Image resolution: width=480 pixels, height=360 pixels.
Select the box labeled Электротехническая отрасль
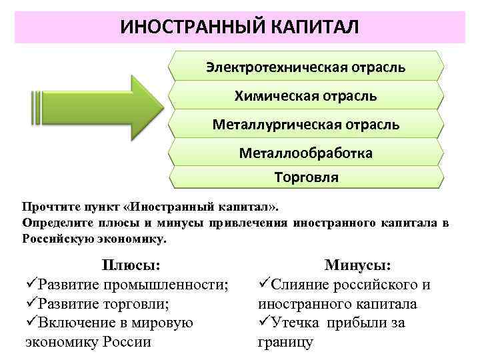click(305, 67)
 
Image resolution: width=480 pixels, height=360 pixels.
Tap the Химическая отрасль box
click(305, 96)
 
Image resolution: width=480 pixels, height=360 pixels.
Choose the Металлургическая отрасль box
click(305, 125)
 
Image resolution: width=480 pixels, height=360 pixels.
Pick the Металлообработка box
click(305, 153)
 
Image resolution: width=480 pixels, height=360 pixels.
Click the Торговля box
click(305, 177)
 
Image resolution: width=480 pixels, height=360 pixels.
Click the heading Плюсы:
click(131, 265)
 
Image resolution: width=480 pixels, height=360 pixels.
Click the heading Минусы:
click(357, 265)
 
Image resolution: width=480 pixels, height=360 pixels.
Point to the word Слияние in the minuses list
click(303, 285)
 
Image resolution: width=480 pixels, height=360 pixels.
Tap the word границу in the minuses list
click(285, 342)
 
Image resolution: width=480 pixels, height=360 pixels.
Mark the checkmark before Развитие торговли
click(31, 304)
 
